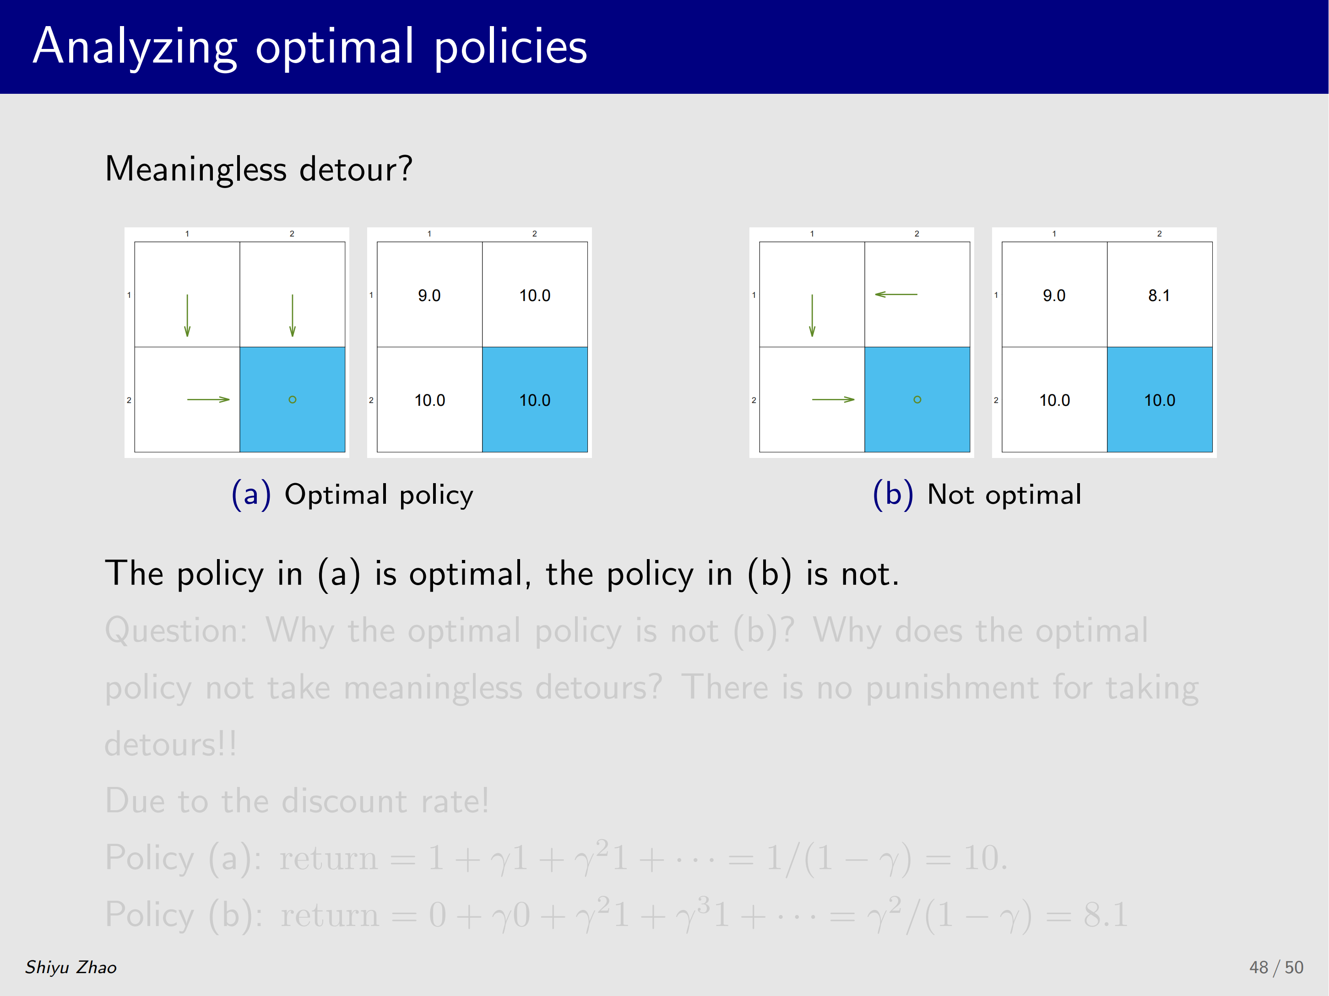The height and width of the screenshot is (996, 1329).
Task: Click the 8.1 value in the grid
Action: click(1159, 296)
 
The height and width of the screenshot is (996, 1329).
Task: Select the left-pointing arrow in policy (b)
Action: click(896, 294)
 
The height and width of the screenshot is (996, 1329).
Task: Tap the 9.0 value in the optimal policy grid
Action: click(429, 296)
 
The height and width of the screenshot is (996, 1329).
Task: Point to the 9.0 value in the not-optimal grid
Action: click(1054, 296)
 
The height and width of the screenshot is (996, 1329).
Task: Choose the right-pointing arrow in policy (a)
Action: click(208, 399)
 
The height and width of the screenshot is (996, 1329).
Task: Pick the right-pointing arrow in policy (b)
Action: click(833, 399)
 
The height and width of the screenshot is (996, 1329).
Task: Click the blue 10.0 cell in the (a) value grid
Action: click(535, 399)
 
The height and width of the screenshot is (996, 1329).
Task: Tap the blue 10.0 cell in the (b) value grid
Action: click(1160, 399)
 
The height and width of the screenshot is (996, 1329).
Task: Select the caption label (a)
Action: click(251, 495)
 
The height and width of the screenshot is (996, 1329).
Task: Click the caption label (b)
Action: click(893, 495)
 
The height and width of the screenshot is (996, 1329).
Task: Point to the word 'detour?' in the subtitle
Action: click(356, 169)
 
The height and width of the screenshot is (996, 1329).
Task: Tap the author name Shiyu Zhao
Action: click(71, 967)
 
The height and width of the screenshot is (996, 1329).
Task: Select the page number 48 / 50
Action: click(1276, 967)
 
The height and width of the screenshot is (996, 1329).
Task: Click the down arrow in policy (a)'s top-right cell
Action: click(293, 315)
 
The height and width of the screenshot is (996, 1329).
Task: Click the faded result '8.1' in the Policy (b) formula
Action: click(1106, 915)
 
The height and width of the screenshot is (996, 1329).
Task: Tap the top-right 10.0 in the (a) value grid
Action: click(535, 296)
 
